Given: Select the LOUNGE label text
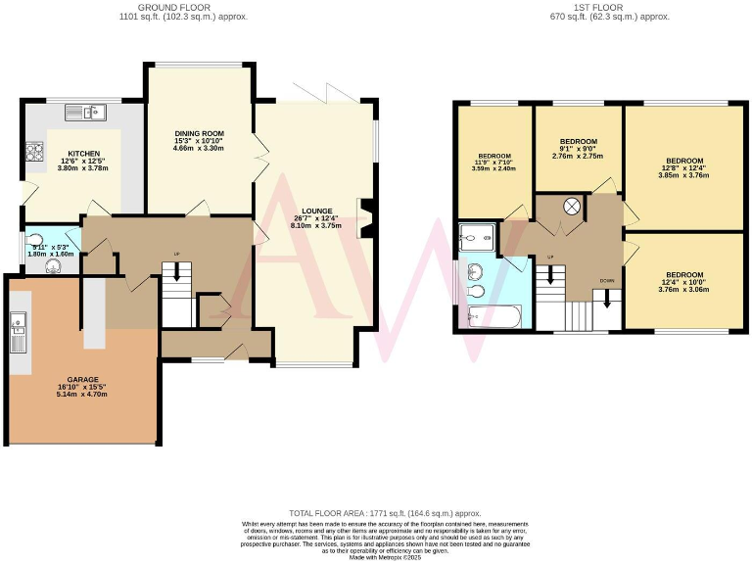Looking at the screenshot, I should pyautogui.click(x=316, y=211).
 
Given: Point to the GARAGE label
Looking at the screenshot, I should pyautogui.click(x=82, y=379).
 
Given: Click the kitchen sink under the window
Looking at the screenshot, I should pyautogui.click(x=95, y=113).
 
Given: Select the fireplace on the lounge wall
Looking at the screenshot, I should pyautogui.click(x=365, y=217).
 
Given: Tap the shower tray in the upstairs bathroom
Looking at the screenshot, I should pyautogui.click(x=478, y=236).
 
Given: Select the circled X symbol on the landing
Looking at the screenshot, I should pyautogui.click(x=572, y=207).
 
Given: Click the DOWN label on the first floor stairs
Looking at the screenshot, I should pyautogui.click(x=607, y=280).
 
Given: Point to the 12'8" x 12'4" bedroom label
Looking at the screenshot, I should pyautogui.click(x=683, y=166).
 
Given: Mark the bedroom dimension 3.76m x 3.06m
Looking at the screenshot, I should pyautogui.click(x=683, y=289).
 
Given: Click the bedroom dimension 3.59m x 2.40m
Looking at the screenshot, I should pyautogui.click(x=493, y=168).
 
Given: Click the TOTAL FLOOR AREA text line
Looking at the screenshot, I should pyautogui.click(x=385, y=513).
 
